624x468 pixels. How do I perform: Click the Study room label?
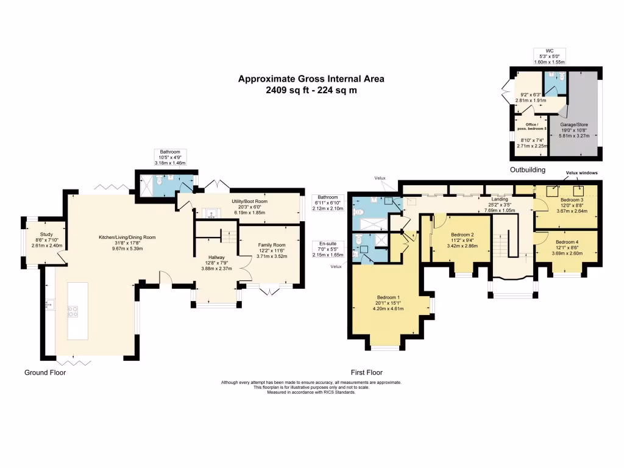pos(46,235)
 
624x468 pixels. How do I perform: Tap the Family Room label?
pos(272,245)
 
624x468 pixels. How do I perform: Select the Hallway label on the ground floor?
pos(216,258)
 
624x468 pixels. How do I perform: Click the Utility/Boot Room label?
pos(249,201)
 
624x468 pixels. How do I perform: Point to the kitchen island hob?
pos(73,311)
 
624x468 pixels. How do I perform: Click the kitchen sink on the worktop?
pos(50,305)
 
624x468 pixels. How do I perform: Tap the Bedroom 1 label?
pos(388,297)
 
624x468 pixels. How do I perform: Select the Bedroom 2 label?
pos(463,235)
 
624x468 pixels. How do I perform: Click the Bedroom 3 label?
pos(572,200)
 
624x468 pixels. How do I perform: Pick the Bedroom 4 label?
pos(567,242)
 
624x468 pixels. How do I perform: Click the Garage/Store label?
pos(574,124)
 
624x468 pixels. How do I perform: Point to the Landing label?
pos(500,199)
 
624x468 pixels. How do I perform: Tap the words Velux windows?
pos(581,172)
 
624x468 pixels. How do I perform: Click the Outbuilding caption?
pos(528,170)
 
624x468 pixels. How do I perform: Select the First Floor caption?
pos(366,372)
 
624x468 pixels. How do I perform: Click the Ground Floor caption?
pos(45,372)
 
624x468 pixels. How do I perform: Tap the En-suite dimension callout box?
pos(328,249)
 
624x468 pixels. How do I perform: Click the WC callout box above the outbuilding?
pos(550,57)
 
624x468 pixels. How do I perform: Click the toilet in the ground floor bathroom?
pos(160,181)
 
